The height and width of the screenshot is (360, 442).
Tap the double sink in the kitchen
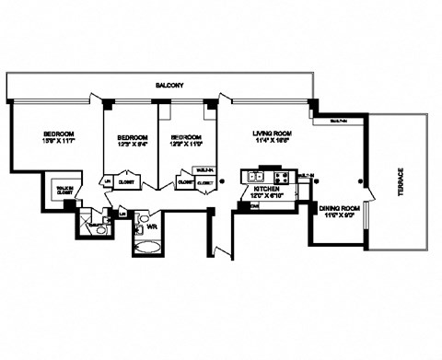tap(255, 176)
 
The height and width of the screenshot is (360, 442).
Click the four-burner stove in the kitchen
tap(281, 176)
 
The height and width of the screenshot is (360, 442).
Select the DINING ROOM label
tap(338, 210)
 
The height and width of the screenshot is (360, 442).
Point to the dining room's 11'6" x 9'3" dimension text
tap(338, 218)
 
